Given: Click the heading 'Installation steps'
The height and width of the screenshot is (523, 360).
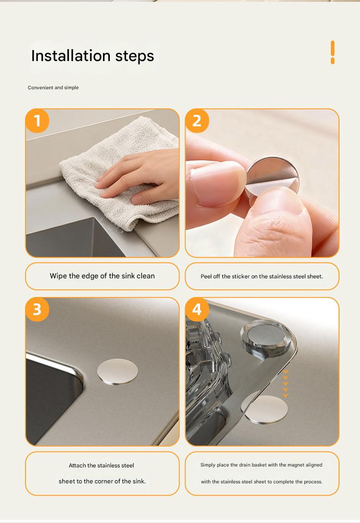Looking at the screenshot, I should [x=93, y=56].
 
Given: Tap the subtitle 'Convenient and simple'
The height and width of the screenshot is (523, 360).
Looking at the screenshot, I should [x=53, y=87].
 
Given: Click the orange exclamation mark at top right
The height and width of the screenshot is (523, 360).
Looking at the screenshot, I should [x=333, y=52].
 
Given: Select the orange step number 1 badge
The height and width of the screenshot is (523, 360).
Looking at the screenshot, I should [x=37, y=121].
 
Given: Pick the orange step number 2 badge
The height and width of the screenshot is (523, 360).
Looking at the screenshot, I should [x=197, y=121].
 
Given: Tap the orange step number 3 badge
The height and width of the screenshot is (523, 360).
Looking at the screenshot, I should [x=37, y=309].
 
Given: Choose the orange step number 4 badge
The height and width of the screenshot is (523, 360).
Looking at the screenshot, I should [x=197, y=309].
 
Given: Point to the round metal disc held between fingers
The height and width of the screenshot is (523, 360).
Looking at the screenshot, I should [x=272, y=178].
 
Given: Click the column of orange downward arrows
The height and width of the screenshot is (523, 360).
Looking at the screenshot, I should [x=286, y=384].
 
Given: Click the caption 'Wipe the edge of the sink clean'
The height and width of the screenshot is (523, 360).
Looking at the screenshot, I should [x=102, y=276].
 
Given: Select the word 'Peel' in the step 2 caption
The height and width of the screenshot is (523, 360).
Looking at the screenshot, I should [x=206, y=277].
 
